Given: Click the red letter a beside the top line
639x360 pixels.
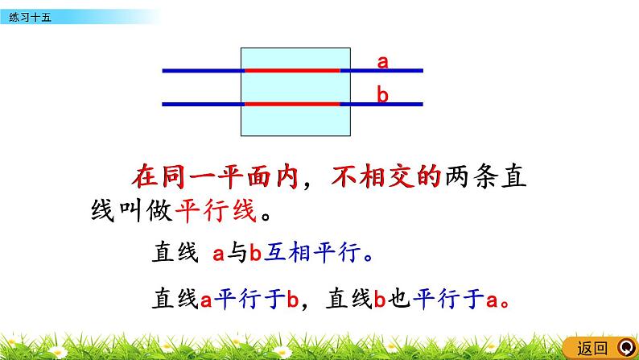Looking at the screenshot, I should pyautogui.click(x=383, y=62).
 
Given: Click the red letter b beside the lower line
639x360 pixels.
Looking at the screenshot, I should pyautogui.click(x=383, y=95).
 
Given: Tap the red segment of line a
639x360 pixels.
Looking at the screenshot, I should pyautogui.click(x=292, y=71).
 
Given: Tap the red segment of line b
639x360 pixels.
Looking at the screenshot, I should pyautogui.click(x=292, y=104).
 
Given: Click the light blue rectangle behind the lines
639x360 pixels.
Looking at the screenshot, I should pyautogui.click(x=296, y=121).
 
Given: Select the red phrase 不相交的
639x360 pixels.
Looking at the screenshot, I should pyautogui.click(x=387, y=176).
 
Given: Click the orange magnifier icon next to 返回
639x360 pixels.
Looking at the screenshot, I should pyautogui.click(x=623, y=348).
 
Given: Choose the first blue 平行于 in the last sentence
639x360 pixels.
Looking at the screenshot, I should pyautogui.click(x=249, y=300).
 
